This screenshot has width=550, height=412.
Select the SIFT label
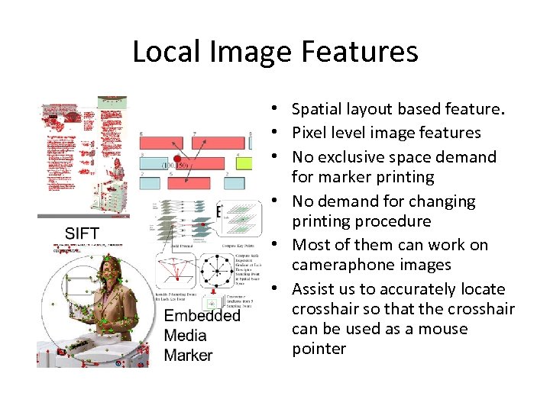tap(82, 233)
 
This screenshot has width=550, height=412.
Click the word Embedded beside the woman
tap(202, 316)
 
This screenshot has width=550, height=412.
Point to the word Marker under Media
tap(189, 356)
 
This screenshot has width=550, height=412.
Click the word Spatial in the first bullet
tap(318, 110)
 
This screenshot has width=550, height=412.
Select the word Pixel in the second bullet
tap(309, 133)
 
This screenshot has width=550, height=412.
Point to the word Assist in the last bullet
tap(313, 289)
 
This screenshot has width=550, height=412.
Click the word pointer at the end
tap(319, 349)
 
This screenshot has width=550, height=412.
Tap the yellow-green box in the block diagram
tap(244, 163)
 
